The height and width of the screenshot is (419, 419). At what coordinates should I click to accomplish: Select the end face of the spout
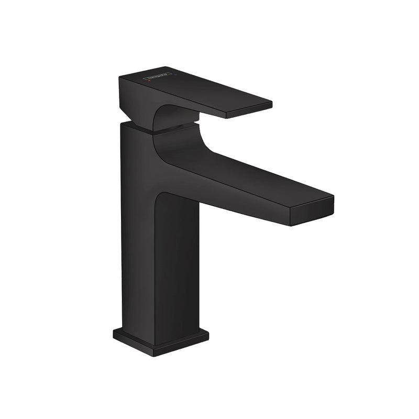[312, 213]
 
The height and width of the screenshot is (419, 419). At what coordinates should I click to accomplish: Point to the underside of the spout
[236, 202]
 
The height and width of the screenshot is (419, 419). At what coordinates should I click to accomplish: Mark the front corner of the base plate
[154, 354]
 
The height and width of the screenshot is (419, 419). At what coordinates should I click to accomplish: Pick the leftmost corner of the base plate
[114, 333]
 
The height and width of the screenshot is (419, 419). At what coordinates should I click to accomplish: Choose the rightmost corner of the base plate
[207, 335]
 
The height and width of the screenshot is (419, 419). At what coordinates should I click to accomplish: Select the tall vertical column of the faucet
[157, 262]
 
